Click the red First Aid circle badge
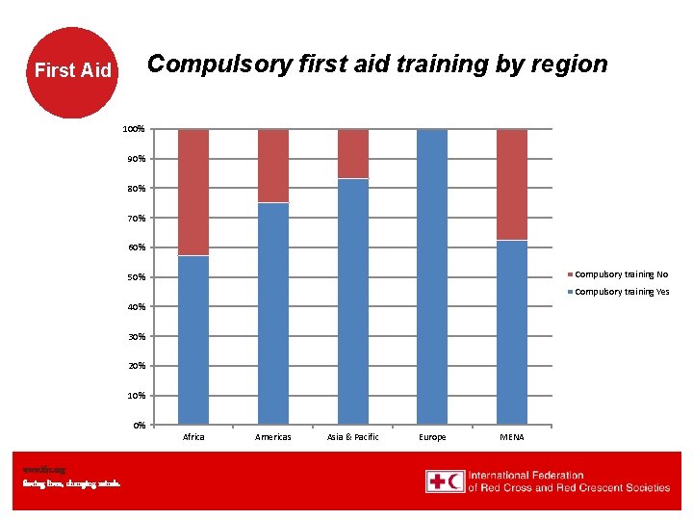coord(73,70)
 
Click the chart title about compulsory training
coord(376,65)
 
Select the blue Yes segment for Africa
coord(193,339)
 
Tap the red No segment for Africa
coord(193,192)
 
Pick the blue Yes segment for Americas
coord(273,313)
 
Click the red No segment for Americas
coord(273,166)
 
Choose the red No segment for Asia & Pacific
coord(353,153)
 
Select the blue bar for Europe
coord(432,276)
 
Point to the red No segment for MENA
coord(512,184)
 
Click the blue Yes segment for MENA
coord(512,332)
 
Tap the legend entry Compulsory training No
coord(621,274)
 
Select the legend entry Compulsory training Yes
coord(621,292)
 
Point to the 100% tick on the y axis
coord(134,129)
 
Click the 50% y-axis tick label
coord(136,277)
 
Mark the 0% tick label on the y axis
coord(139,425)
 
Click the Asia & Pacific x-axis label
coord(353,437)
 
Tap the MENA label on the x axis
coord(512,437)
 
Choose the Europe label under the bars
coord(432,437)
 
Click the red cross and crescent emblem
coord(445,481)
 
